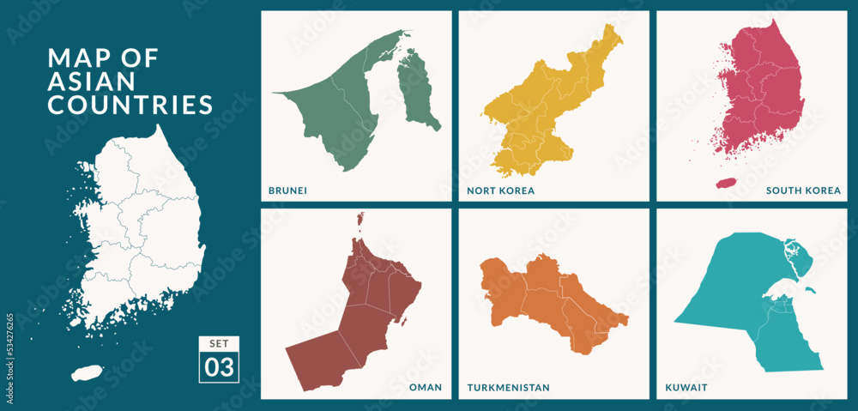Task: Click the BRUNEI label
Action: click(x=288, y=190)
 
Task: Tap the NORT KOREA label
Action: click(x=501, y=190)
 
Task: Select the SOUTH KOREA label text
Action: click(x=803, y=190)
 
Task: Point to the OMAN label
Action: click(x=426, y=388)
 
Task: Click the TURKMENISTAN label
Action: click(x=509, y=388)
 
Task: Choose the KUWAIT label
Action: click(x=686, y=388)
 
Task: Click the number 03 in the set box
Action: click(x=219, y=367)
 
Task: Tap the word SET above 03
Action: click(x=219, y=344)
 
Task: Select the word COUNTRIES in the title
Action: click(x=130, y=105)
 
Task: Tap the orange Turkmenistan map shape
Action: click(x=549, y=296)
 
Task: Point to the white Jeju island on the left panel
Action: click(x=87, y=373)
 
